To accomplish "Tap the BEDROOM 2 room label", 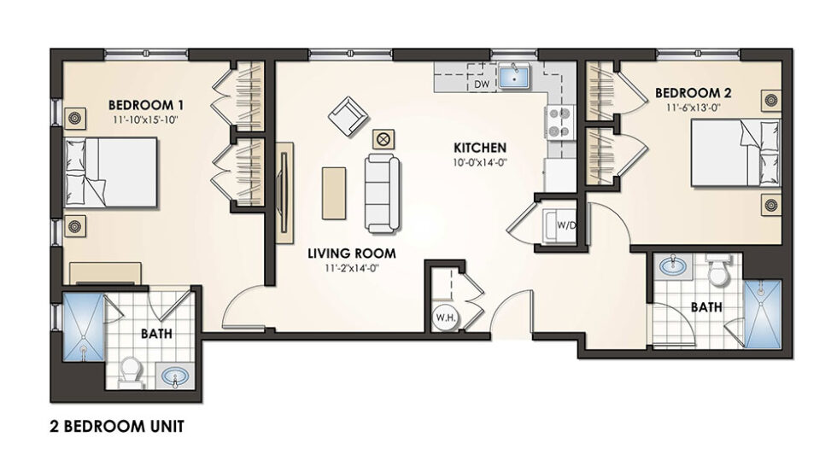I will click(691, 92).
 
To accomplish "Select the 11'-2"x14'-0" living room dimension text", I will click(352, 268).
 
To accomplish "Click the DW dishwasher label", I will click(480, 84).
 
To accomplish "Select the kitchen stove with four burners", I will click(559, 122).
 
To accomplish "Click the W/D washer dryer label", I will click(565, 225).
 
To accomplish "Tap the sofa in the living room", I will click(381, 192).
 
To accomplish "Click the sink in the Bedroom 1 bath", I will click(176, 376).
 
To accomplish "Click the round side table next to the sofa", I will click(383, 137).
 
